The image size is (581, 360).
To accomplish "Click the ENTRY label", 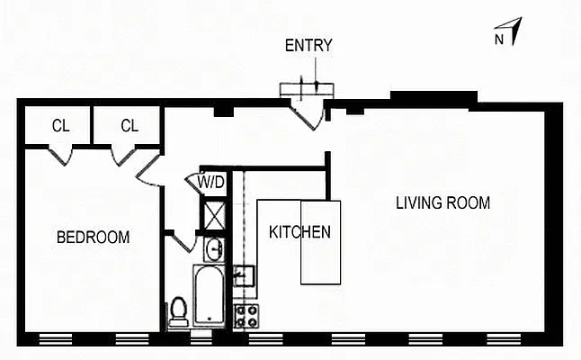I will tap(308, 46).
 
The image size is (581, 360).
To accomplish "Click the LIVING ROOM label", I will tap(442, 202).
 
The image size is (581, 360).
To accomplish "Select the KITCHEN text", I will tap(299, 231).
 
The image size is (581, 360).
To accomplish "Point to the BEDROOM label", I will tap(93, 238).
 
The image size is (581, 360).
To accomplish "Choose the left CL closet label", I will tap(59, 126).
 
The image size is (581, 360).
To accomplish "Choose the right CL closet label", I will tap(130, 126).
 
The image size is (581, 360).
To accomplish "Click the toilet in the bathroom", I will tap(179, 310).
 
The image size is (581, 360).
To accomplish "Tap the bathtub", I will tap(209, 296).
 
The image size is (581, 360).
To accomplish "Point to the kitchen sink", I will tap(244, 274).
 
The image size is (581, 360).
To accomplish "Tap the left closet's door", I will tap(61, 155).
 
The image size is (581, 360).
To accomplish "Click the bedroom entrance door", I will tap(148, 169).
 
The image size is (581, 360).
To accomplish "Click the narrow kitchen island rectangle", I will tap(320, 242).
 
